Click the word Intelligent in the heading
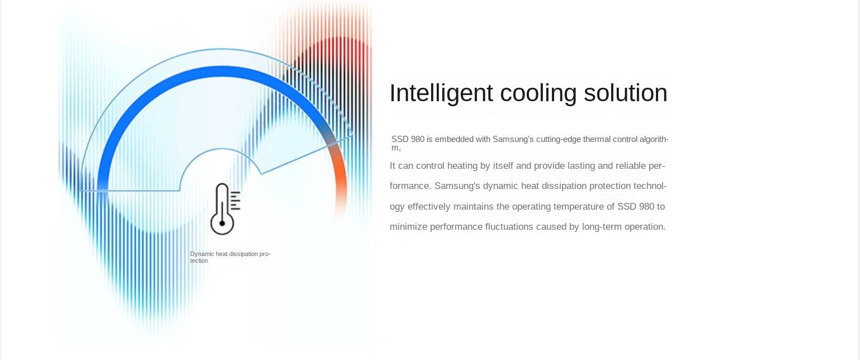(x=441, y=93)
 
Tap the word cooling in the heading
(x=538, y=93)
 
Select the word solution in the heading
(x=625, y=93)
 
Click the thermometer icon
(x=225, y=209)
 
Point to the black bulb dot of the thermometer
(x=222, y=223)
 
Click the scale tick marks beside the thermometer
(x=235, y=201)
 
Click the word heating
(x=462, y=166)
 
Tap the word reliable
(x=631, y=166)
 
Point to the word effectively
(x=429, y=206)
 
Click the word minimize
(x=409, y=227)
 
